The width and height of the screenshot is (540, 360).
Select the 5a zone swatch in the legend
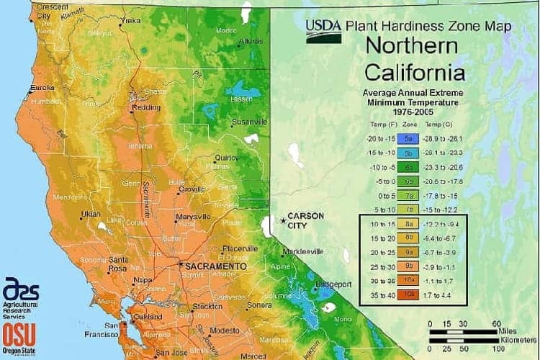pos(408,138)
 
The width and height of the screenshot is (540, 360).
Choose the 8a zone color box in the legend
pos(408,223)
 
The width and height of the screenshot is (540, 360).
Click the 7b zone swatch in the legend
pos(408,209)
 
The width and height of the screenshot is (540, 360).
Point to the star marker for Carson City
pos(282,220)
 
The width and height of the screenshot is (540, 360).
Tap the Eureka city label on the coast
pos(41,89)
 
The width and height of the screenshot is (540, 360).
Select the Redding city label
pos(148,107)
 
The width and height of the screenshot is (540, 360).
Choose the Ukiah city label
pos(91,214)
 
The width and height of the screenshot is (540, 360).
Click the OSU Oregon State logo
pos(19,337)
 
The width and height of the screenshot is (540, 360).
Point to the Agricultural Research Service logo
pos(20,297)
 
